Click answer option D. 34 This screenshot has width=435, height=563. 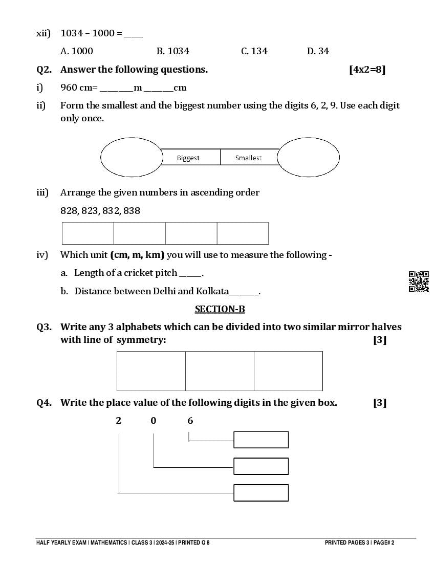[x=318, y=51]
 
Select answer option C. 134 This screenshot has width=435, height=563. [x=254, y=51]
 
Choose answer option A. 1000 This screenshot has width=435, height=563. [x=77, y=51]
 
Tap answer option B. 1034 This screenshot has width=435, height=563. [x=172, y=51]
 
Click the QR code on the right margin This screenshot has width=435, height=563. [x=419, y=281]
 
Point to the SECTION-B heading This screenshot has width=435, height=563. [x=220, y=309]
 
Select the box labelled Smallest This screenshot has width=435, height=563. [x=249, y=157]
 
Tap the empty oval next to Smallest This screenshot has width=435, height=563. [x=308, y=157]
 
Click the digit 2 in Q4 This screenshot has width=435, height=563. [x=119, y=421]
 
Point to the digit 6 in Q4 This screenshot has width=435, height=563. [x=190, y=421]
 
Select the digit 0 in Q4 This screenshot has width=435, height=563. [x=154, y=421]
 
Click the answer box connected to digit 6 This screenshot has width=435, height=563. [x=261, y=440]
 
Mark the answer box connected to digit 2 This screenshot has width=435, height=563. [x=261, y=493]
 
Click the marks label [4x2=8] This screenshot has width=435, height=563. [x=367, y=70]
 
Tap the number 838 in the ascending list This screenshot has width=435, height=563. [x=132, y=211]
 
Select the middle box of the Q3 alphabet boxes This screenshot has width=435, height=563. [x=220, y=371]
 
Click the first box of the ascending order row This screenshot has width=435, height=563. [x=88, y=233]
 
